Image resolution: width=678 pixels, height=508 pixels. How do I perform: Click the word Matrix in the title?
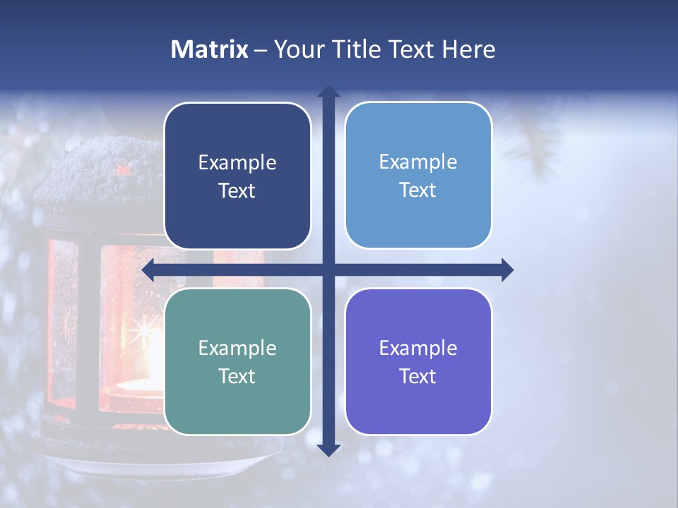pyautogui.click(x=209, y=49)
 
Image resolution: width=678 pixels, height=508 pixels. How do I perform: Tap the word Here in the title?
pyautogui.click(x=469, y=49)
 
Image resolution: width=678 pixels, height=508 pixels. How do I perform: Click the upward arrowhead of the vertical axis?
pyautogui.click(x=328, y=92)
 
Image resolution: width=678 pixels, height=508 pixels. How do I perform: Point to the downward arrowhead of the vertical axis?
pyautogui.click(x=328, y=449)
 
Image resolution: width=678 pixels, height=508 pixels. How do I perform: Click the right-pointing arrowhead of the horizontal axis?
pyautogui.click(x=507, y=270)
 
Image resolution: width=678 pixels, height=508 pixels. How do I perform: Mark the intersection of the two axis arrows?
pyautogui.click(x=328, y=270)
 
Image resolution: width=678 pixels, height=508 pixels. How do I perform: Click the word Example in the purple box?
pyautogui.click(x=418, y=348)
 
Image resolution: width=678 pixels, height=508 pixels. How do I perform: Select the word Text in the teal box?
pyautogui.click(x=237, y=376)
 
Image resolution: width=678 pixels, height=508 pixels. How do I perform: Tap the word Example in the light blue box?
pyautogui.click(x=418, y=162)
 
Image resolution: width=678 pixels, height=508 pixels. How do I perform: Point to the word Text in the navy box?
pyautogui.click(x=237, y=190)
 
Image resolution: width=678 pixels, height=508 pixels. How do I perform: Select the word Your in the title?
pyautogui.click(x=297, y=49)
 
